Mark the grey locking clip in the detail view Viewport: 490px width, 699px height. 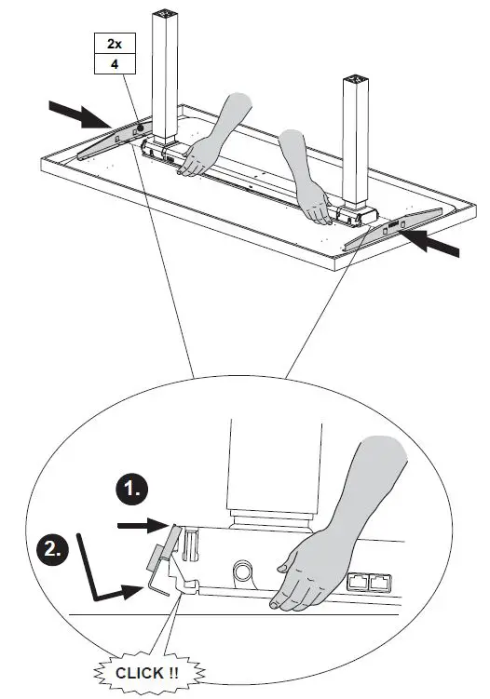pos(160,549)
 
